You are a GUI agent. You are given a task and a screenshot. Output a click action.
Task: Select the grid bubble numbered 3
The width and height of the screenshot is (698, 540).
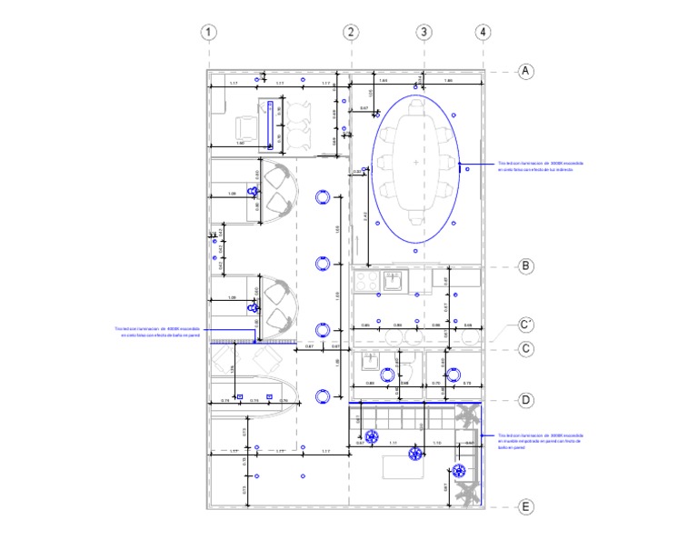coord(423,32)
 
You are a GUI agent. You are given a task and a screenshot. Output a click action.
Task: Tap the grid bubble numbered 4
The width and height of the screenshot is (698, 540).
coord(483,32)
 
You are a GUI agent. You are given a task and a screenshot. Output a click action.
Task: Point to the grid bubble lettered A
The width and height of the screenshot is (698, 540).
coord(525,72)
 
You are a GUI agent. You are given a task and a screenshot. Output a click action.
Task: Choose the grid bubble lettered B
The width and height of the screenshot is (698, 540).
coord(525,266)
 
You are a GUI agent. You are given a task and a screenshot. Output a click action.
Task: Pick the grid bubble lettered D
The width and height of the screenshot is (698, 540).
coord(525,400)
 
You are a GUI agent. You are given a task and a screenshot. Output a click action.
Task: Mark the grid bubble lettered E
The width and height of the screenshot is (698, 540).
coord(525,507)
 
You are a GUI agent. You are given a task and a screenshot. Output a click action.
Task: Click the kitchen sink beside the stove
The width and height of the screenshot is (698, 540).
coord(395,281)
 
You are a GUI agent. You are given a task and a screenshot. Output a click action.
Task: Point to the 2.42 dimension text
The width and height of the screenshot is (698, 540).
coord(365,215)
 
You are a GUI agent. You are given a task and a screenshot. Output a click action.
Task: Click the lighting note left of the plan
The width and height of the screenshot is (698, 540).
coord(156,332)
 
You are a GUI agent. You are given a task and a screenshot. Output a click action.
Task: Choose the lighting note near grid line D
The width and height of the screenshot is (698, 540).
coord(540,442)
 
